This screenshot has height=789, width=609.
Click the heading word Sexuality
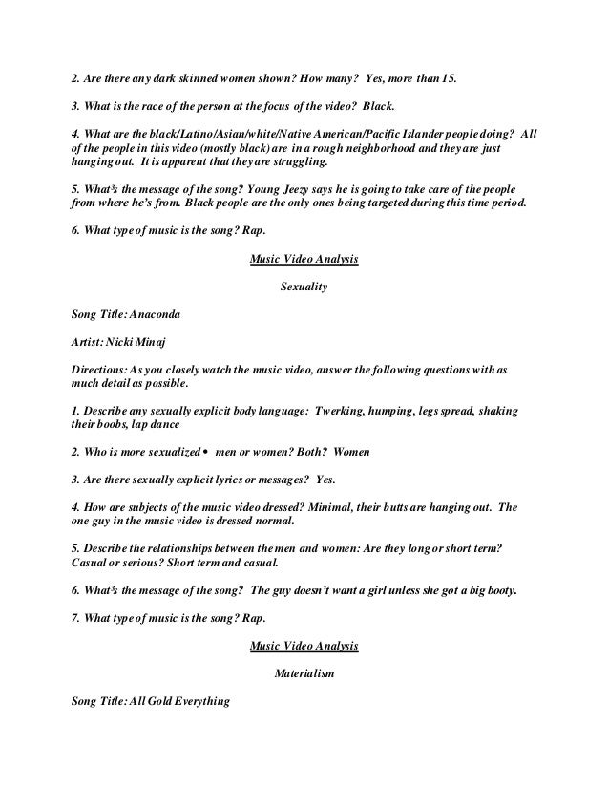(x=304, y=285)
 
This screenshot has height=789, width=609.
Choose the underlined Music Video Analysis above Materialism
(x=304, y=646)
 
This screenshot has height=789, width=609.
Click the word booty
(x=495, y=590)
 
